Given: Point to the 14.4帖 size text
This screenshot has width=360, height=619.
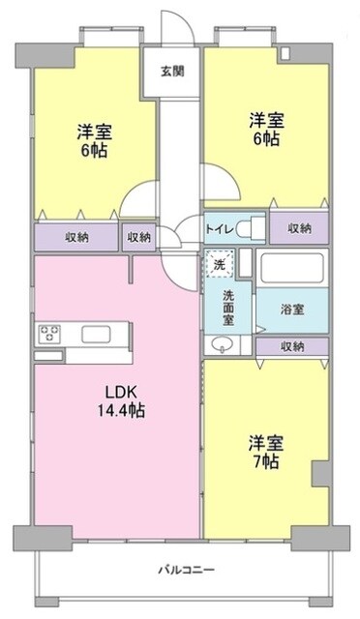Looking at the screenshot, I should coord(121,410).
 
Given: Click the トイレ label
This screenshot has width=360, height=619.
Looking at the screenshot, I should coord(218,228).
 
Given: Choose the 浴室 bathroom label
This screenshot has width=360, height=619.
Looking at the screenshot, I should coord(291,309).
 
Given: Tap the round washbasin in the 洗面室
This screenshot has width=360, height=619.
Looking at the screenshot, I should coord(218,345).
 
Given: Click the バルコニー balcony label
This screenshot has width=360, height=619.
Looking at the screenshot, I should coord(180,570).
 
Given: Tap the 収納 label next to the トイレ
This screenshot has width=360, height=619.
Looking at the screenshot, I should coord(297,228).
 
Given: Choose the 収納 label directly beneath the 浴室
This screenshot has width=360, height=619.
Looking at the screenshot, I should coord(293,345).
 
